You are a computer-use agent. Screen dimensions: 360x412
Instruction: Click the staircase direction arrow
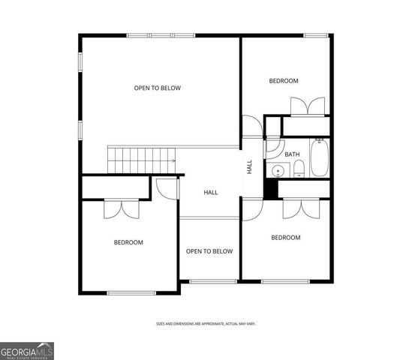[x=173, y=160]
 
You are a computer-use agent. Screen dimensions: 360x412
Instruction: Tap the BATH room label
[x=292, y=154]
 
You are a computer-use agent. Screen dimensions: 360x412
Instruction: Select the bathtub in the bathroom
[x=319, y=159]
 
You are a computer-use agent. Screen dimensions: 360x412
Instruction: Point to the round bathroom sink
[x=277, y=170]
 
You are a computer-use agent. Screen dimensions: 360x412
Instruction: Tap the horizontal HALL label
[x=211, y=193]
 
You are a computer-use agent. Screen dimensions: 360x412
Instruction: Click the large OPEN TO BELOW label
[x=158, y=88]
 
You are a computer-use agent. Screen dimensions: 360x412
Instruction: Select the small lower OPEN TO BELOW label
[x=209, y=251]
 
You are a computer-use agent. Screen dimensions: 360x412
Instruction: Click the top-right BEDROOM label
[x=284, y=81]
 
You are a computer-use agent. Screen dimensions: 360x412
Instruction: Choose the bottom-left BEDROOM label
[x=128, y=242]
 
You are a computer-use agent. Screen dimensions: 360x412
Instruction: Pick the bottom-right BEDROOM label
[x=285, y=238]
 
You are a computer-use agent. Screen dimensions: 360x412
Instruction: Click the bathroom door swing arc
[x=273, y=148]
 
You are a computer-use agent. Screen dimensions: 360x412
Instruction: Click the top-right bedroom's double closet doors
[x=308, y=106]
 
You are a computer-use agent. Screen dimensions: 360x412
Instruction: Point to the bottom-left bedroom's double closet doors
[x=122, y=208]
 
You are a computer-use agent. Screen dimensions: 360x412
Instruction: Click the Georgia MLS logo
[x=27, y=351]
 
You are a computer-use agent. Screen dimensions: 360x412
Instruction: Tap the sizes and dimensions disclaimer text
[x=206, y=323]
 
